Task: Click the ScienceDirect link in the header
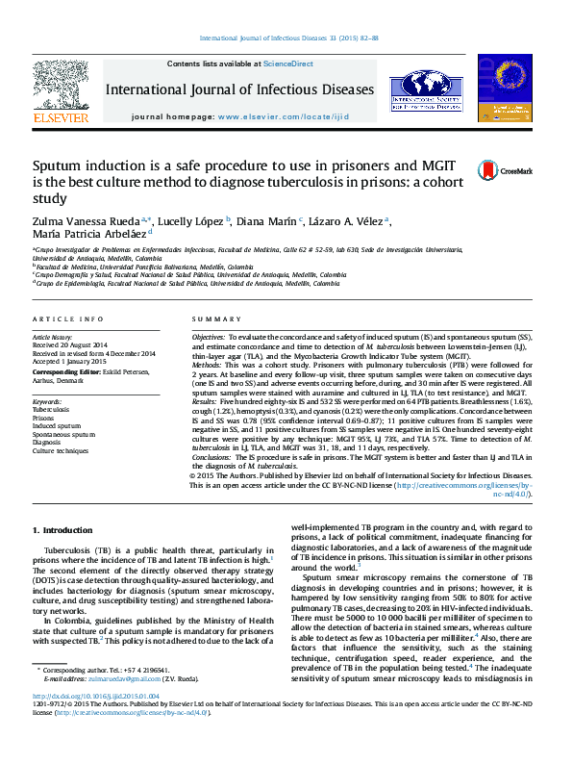click(289, 64)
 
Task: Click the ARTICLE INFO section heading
click(67, 318)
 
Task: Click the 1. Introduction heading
click(63, 530)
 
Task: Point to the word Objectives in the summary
click(209, 339)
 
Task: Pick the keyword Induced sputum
click(55, 426)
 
